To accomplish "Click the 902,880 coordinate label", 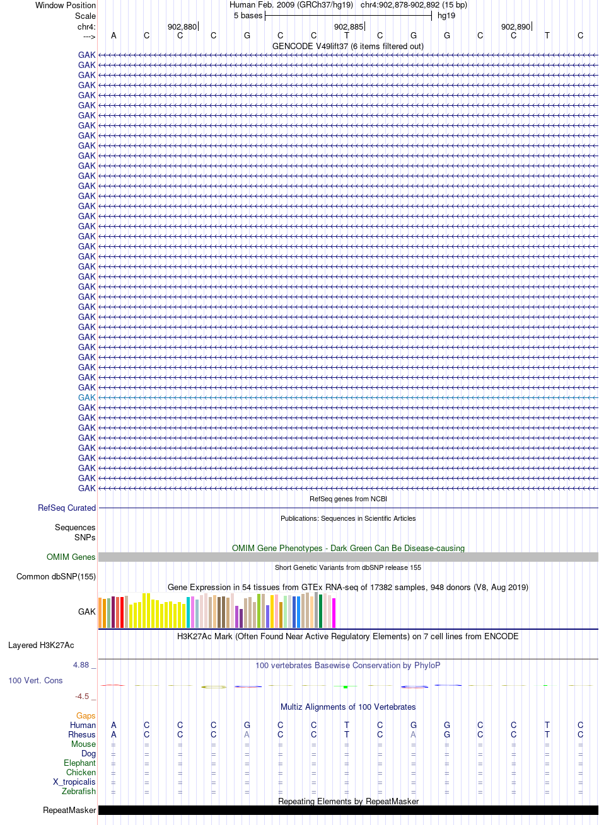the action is [182, 27].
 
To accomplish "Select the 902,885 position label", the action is [349, 27].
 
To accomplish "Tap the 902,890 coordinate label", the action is [516, 27].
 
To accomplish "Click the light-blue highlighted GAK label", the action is [86, 397].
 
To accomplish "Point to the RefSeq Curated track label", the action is [67, 508].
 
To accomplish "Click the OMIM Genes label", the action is [71, 557].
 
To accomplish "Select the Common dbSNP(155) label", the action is [56, 576].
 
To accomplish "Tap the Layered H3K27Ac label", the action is [41, 646].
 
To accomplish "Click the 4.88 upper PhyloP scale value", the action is [81, 665].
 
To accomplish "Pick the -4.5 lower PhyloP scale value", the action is [82, 696].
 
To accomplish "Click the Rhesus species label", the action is [82, 734].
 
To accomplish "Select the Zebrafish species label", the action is [79, 791].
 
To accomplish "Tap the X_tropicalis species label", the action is [74, 782].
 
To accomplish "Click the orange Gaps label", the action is [86, 715].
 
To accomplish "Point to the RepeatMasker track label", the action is [69, 811].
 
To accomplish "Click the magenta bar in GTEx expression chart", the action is [334, 613].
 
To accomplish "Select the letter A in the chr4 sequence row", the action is [113, 35].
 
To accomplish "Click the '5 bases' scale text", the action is [248, 16].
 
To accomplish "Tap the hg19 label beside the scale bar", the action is [446, 16].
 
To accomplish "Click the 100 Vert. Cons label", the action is [35, 680].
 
